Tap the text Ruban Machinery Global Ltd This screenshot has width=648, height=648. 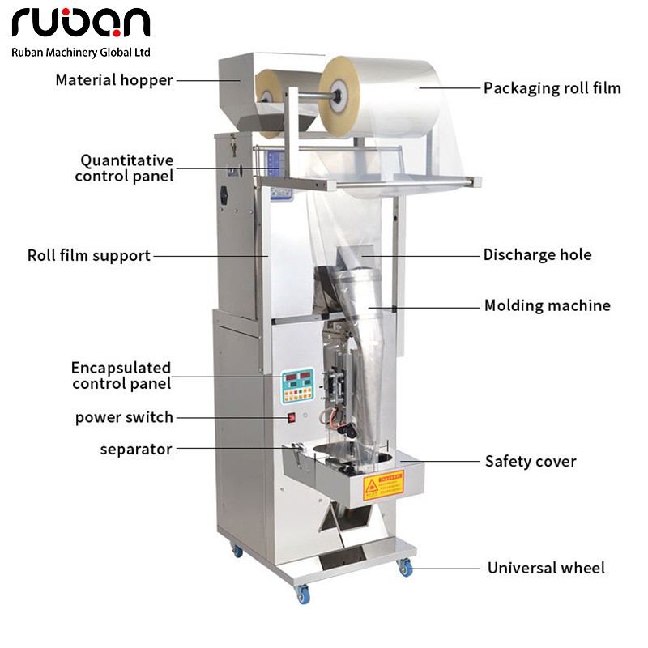81,52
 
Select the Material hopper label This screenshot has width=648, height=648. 114,80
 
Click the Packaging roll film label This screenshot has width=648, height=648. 552,87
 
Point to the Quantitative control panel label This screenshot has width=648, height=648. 125,168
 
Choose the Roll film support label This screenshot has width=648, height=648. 89,255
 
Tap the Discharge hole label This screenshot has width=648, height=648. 538,254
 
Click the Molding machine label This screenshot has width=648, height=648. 548,305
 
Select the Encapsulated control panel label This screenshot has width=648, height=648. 122,376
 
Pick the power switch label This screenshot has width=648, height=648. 124,418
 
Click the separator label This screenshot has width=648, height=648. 136,449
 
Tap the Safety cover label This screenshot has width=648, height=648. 531,461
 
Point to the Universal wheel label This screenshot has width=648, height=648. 546,568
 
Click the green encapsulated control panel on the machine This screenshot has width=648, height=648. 296,387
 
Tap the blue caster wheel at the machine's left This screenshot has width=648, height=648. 238,551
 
